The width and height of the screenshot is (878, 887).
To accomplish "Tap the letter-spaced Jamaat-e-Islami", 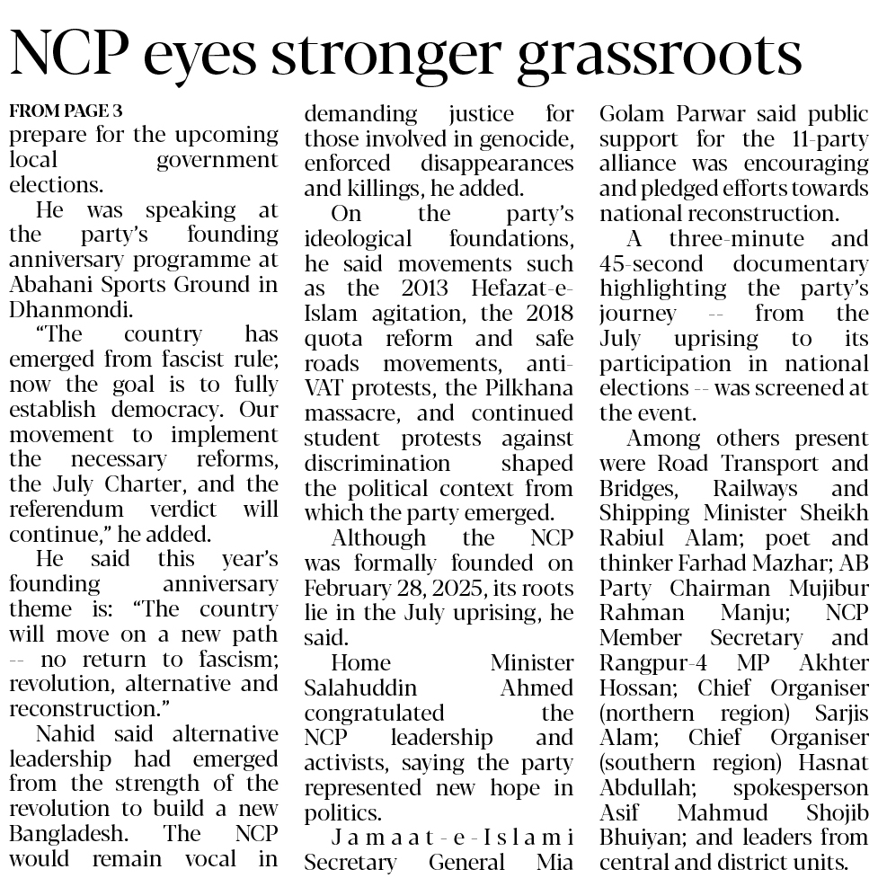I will (439, 838).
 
